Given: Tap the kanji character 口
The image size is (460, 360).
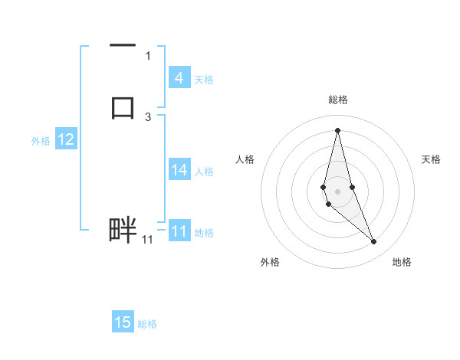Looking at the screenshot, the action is pos(123,106).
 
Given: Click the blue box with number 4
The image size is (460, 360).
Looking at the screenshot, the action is pos(179,78).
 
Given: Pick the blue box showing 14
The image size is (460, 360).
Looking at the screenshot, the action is pos(179,171).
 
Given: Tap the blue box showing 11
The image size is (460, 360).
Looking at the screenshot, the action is pos(179,231).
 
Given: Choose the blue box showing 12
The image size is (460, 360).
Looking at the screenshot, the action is pos(65,139).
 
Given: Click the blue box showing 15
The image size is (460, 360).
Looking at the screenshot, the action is pos(123,322).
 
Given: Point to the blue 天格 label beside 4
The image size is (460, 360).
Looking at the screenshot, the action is pos(204,79).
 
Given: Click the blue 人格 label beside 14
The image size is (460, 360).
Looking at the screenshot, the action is pos(204,172).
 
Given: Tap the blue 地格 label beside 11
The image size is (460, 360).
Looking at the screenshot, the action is pos(204,232).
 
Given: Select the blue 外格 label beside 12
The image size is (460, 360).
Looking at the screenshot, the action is pos(41,140).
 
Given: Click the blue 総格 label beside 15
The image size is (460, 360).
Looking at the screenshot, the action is pos(147,323).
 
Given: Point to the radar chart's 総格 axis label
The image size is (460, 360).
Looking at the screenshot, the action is pos(337,100).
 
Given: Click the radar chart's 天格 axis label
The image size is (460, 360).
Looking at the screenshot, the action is pos(432,159).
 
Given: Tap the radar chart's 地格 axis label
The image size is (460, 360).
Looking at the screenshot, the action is pos(402,262).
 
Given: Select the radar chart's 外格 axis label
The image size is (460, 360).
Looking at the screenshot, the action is pos(270,262).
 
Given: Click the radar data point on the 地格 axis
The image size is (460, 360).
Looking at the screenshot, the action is pos(373,242).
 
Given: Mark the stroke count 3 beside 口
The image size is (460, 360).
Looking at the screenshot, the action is pos(148,116).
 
